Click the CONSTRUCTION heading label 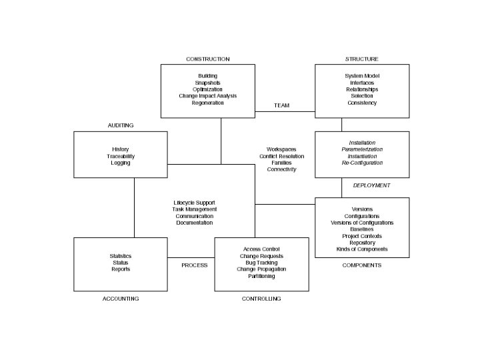[207, 59]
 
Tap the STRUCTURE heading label [361, 59]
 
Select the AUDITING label [121, 125]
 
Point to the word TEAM [281, 105]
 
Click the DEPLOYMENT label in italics [371, 185]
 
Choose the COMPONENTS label [361, 265]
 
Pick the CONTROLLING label [261, 299]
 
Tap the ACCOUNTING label [121, 299]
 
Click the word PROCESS [195, 265]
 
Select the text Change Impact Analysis [207, 96]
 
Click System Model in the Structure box [362, 76]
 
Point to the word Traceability [121, 156]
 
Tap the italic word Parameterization [362, 149]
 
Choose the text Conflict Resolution [281, 156]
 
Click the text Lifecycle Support [195, 203]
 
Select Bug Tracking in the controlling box [261, 263]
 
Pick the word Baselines [362, 229]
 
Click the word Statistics [121, 256]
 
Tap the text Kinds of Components [362, 249]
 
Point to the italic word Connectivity [281, 169]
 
